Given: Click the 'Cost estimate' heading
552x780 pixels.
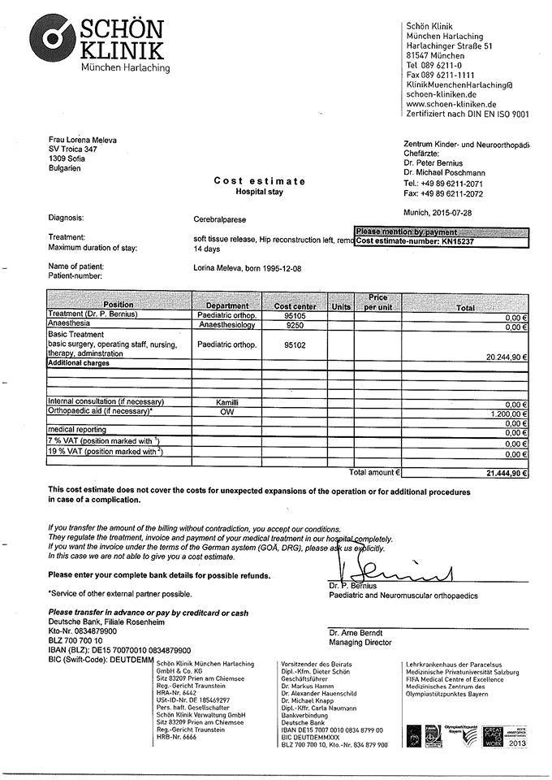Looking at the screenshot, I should [260, 181].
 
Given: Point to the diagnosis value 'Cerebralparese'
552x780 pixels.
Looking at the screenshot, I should [220, 219].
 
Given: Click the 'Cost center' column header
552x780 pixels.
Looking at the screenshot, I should [295, 306].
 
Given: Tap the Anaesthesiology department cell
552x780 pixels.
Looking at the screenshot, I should [227, 325].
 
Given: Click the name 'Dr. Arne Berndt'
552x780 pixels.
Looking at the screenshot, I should [356, 632].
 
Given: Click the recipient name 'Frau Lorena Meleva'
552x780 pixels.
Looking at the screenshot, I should [82, 140].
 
